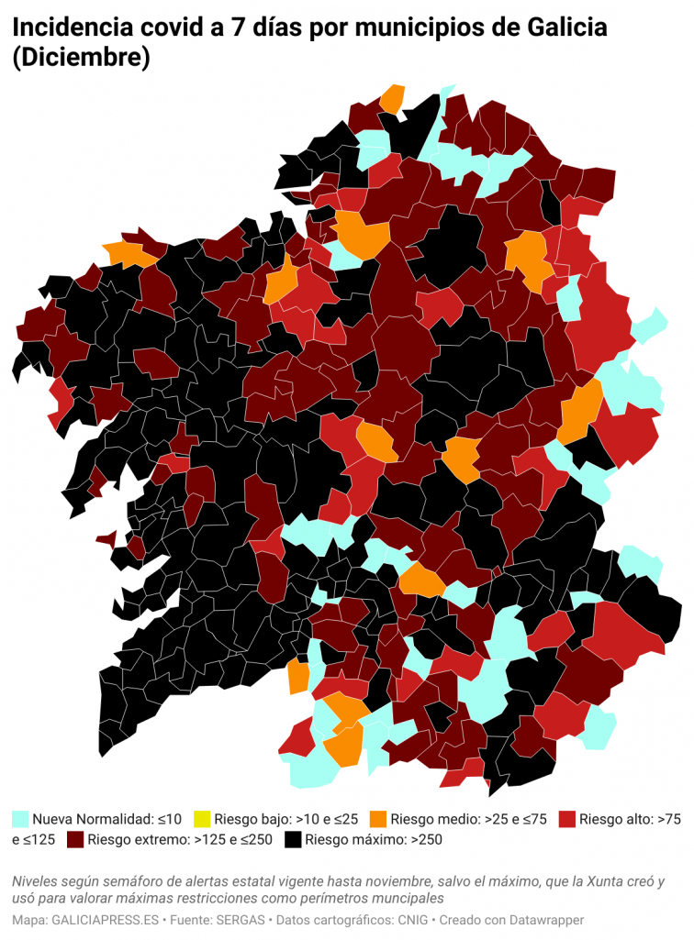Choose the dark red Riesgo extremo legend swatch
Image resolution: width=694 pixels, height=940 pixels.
(x=75, y=839)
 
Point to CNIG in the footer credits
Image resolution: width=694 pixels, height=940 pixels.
(x=410, y=919)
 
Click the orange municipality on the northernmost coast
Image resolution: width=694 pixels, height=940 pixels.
(x=393, y=98)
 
